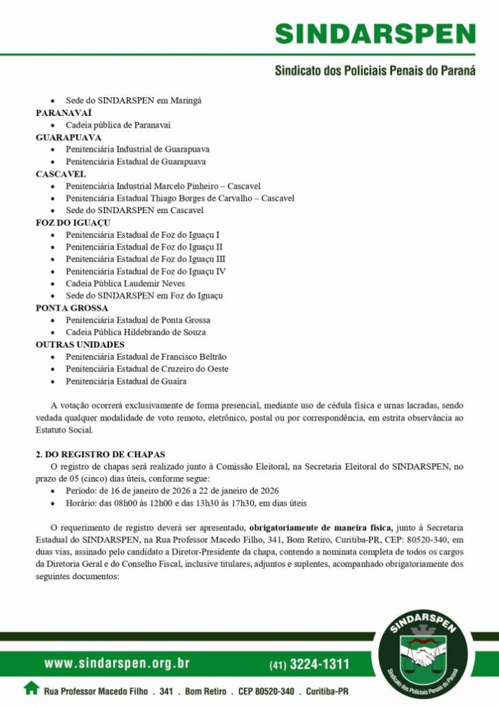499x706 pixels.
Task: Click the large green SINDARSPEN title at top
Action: coord(375,34)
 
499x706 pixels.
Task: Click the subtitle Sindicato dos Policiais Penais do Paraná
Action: coord(375,71)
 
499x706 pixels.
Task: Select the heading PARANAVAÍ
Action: coord(64,112)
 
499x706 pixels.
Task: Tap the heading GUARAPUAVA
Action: coord(69,137)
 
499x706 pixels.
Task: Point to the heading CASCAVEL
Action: coord(61,174)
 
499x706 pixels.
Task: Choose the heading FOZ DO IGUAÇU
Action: coord(73,223)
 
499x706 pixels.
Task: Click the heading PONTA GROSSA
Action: coord(72,308)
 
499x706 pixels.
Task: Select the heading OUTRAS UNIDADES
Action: coord(80,344)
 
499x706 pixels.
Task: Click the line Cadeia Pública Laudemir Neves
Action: coord(125,283)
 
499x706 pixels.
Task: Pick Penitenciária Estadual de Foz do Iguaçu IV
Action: coord(145,271)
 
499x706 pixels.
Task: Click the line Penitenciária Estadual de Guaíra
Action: coord(126,381)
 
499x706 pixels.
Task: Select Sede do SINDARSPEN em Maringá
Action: coord(134,101)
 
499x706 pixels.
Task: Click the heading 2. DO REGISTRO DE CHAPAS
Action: coord(101,454)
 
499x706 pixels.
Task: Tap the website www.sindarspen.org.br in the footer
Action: coord(117,664)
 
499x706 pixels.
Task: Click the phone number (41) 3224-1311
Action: coord(309,665)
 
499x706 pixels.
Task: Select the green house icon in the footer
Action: coord(31,687)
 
